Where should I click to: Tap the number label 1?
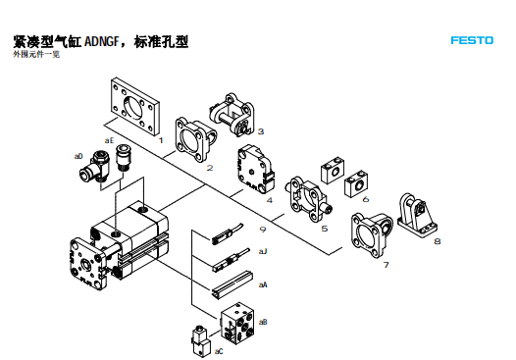click(x=160, y=140)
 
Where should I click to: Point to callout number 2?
click(x=210, y=168)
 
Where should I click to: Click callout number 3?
click(x=261, y=130)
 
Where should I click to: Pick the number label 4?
click(x=269, y=199)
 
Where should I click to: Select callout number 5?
click(x=325, y=229)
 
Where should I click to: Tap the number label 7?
click(x=386, y=264)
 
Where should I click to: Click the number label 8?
click(x=437, y=239)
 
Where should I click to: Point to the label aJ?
click(x=263, y=251)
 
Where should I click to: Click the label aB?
click(x=263, y=323)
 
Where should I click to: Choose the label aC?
click(x=219, y=350)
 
